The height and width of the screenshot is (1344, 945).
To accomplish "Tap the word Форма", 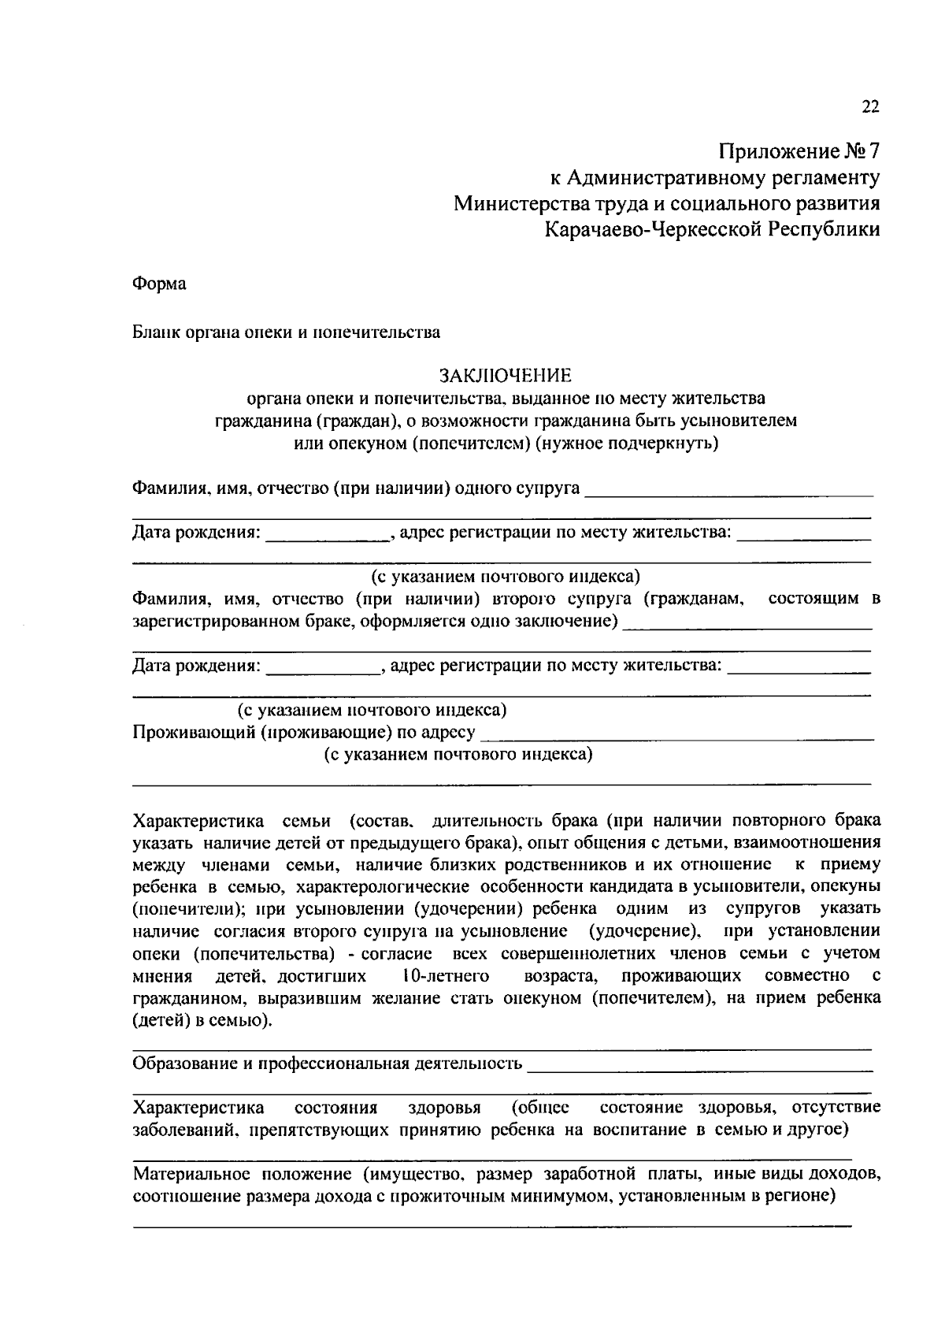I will click(159, 284).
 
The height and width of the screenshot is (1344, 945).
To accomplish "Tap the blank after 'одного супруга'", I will click(730, 491).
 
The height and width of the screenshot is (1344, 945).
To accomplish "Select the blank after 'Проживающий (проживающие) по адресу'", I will click(676, 736).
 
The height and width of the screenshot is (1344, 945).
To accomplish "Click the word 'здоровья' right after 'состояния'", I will click(444, 1108).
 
